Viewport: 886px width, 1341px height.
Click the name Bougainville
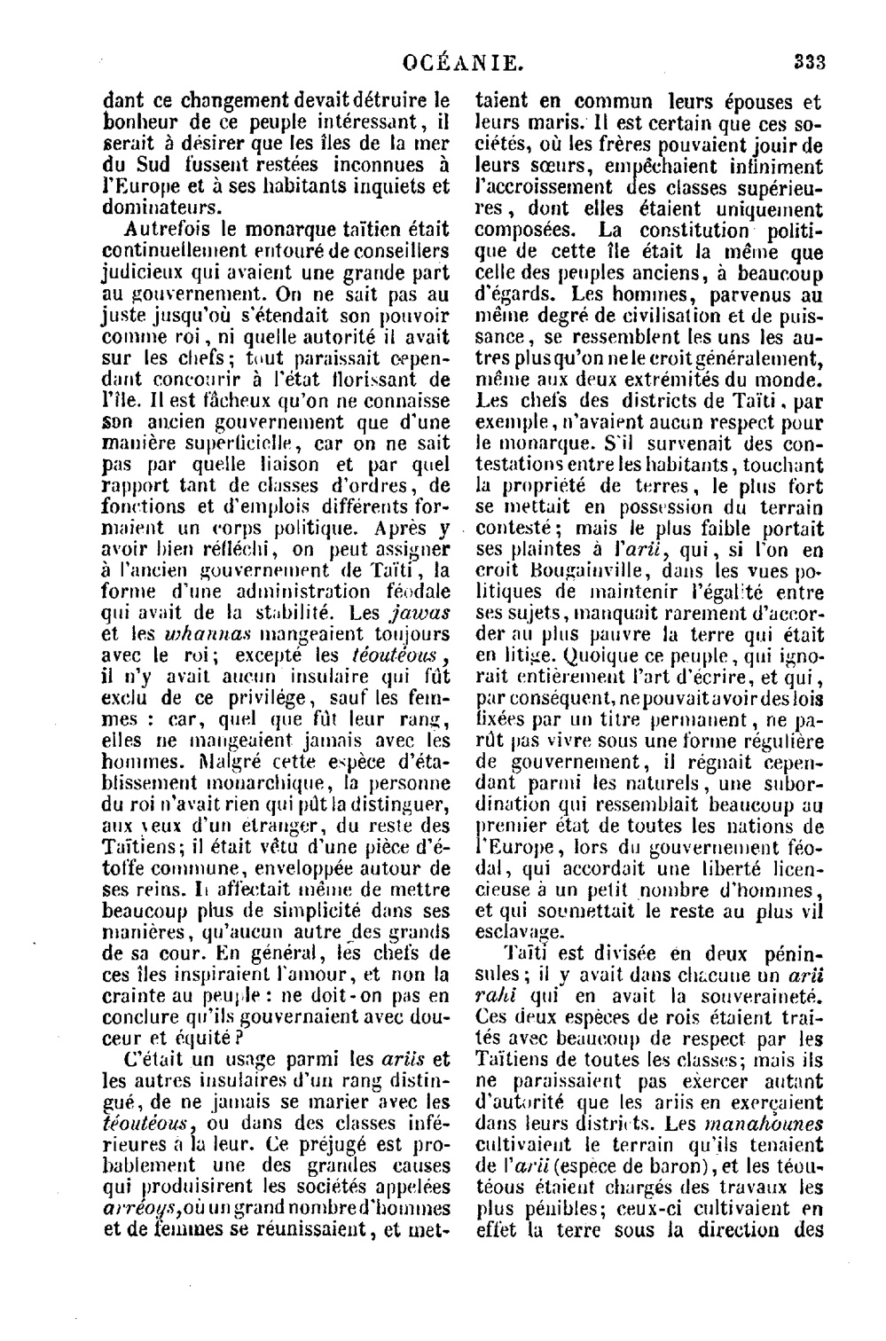point(578,570)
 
